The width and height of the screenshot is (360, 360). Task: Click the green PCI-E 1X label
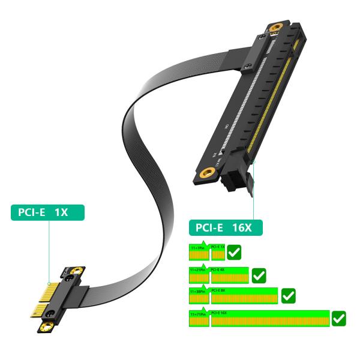tap(47, 212)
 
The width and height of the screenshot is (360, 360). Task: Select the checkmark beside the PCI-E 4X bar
tap(259, 275)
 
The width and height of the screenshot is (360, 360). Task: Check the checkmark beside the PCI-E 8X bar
tap(288, 295)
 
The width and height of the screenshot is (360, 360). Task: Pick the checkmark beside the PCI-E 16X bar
tap(338, 318)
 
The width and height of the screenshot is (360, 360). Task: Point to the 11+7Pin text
tap(198, 247)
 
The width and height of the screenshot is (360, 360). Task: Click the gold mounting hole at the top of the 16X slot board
tap(277, 28)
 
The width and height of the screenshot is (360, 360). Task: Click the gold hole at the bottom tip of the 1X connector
tap(46, 327)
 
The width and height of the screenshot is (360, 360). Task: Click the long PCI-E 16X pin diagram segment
tap(270, 319)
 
